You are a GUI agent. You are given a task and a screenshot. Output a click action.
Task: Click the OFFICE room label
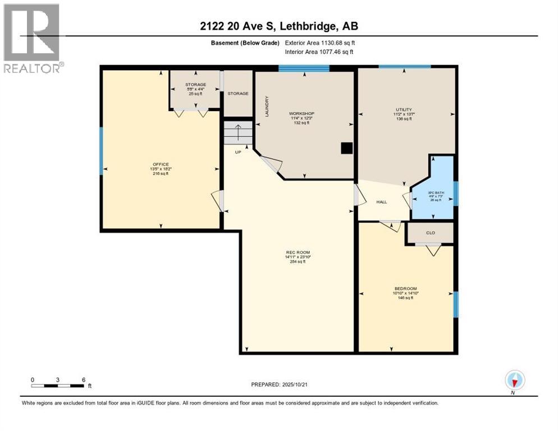click(x=161, y=164)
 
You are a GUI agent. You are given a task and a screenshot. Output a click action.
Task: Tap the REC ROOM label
click(x=298, y=252)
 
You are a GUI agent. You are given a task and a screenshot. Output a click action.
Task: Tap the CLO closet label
click(x=431, y=232)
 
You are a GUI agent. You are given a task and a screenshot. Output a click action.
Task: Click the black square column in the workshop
click(x=347, y=148)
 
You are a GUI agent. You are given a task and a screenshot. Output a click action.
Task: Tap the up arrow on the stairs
click(x=238, y=133)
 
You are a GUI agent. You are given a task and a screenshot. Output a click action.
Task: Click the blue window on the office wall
click(x=102, y=150)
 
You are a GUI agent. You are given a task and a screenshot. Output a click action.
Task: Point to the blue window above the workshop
click(x=304, y=69)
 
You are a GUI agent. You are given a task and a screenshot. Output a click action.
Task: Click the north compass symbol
click(x=514, y=381)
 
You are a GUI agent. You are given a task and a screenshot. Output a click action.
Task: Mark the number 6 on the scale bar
click(x=84, y=379)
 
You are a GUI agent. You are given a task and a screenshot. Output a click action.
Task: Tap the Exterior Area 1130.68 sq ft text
click(x=319, y=42)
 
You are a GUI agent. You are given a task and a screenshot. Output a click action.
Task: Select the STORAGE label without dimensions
click(x=237, y=94)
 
